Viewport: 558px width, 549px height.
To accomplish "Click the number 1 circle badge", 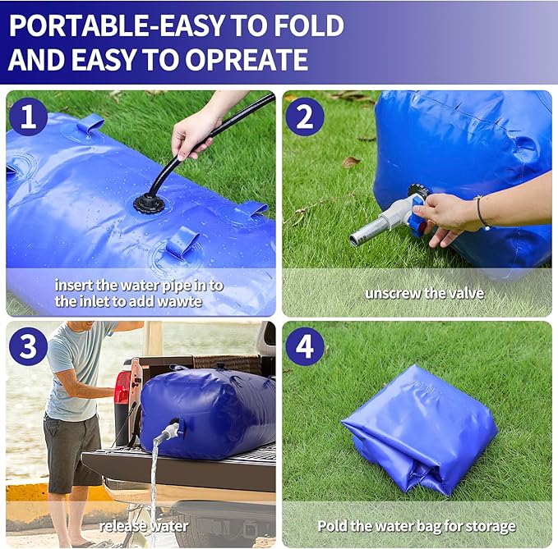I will tap(29, 117).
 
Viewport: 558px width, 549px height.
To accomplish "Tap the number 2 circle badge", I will tap(305, 117).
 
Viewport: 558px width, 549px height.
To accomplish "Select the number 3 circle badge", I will tap(29, 346).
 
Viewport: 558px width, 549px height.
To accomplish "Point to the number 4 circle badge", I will tap(305, 346).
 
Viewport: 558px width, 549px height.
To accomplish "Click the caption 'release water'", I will tap(144, 525).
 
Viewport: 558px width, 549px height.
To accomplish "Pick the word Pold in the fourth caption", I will tap(331, 525).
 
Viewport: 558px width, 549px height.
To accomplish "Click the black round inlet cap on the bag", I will tap(150, 203).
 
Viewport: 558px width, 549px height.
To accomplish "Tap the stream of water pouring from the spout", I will tap(153, 484).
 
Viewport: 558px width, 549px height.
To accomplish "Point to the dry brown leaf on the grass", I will tap(351, 162).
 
